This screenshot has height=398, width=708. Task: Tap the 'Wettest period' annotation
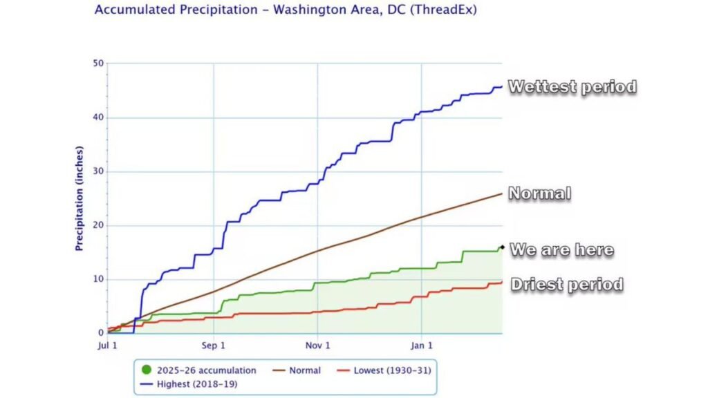click(572, 87)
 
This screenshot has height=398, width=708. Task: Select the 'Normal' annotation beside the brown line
click(539, 193)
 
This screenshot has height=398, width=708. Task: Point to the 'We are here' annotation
click(561, 249)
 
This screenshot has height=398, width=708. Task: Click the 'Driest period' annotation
click(567, 284)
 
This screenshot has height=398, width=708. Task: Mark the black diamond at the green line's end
click(501, 247)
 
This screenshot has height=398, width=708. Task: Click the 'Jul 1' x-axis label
click(108, 345)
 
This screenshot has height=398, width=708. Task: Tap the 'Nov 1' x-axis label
click(317, 345)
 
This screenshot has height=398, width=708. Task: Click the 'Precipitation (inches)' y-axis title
click(80, 198)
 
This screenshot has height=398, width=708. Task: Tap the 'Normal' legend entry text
click(305, 370)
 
